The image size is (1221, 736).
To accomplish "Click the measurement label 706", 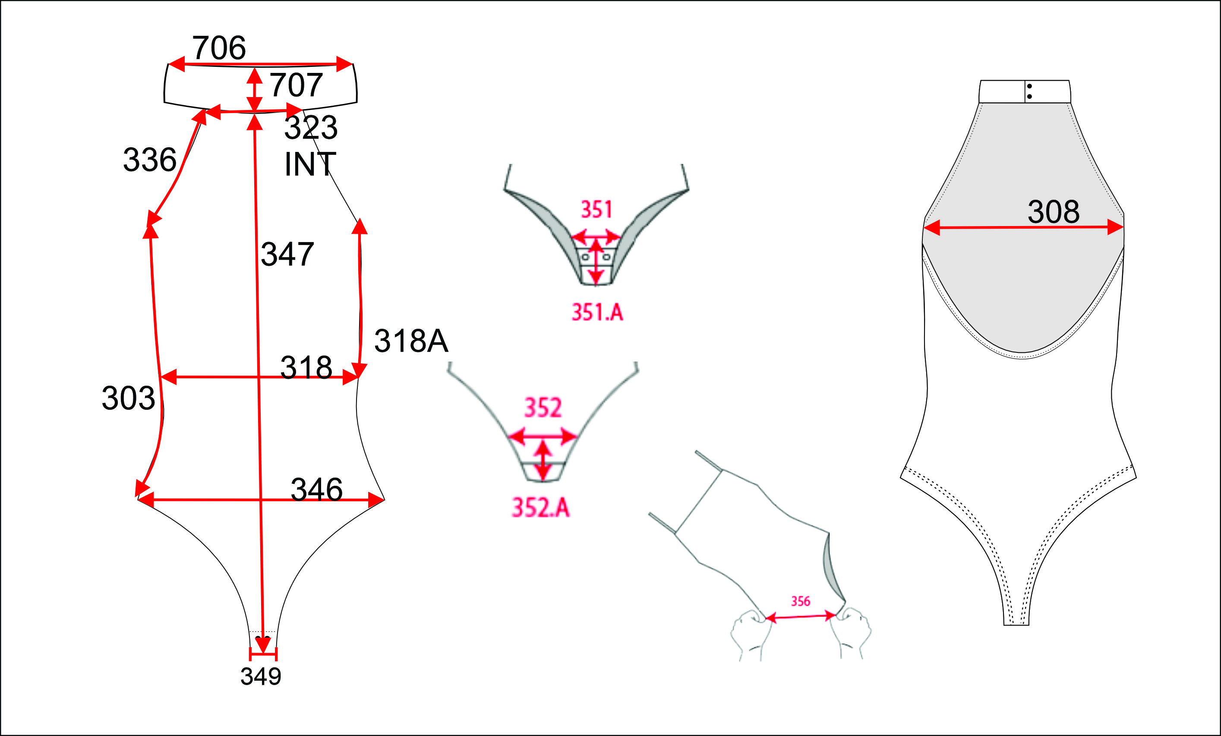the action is [218, 47].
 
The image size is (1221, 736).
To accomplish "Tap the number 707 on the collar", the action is [296, 84].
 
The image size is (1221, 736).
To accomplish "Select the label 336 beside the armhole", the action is [150, 160].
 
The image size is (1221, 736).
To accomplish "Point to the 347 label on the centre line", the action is [287, 254].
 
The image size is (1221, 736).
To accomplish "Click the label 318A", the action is [411, 341].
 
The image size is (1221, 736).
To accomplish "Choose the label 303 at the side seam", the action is [128, 398].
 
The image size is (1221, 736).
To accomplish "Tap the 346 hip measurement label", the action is [316, 489].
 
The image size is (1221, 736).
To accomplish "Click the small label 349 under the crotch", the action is [261, 676].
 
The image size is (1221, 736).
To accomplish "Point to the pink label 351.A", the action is [597, 312].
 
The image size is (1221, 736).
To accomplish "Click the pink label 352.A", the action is [541, 507].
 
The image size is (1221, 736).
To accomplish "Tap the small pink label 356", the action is [800, 601].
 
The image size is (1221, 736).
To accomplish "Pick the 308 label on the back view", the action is [1054, 211].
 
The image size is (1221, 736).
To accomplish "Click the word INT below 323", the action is [310, 164].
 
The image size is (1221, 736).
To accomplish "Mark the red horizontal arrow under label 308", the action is [1023, 227].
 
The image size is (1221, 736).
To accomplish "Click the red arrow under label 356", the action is [801, 616].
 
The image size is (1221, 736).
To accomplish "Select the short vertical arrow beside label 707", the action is [254, 90].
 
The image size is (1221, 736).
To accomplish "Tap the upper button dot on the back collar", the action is [1029, 87].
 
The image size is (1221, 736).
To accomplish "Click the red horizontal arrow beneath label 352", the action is [543, 436].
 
